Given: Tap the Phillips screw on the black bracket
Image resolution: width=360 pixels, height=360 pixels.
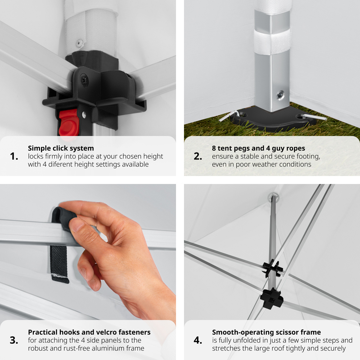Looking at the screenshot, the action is [x=84, y=80].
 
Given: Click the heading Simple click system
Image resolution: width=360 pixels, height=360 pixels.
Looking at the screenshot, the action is [x=61, y=148].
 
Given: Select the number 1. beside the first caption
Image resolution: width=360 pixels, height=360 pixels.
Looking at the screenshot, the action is [x=14, y=156].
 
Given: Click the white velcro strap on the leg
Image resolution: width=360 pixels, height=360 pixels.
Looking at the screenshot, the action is [x=273, y=43].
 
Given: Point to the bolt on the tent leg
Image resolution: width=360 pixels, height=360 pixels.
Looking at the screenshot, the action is [x=280, y=95].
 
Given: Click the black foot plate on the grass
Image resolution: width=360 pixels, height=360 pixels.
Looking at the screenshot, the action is [x=273, y=120].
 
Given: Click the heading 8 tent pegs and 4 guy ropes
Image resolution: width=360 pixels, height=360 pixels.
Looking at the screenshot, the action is [x=258, y=148].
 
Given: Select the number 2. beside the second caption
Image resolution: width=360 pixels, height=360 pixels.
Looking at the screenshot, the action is [x=198, y=156].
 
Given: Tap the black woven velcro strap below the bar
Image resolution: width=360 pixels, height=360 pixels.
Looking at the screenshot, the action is [x=59, y=264].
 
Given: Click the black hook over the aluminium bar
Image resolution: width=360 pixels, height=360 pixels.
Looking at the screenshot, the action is [x=63, y=217].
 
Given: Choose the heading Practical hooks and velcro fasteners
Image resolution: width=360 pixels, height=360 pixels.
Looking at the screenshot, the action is [x=89, y=332].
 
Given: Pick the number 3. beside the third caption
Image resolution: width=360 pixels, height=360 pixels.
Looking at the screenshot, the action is [x=14, y=340].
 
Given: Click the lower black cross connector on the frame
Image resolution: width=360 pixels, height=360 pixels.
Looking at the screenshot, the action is [x=272, y=298].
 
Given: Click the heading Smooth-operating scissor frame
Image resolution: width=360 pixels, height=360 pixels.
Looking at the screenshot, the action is [x=266, y=332].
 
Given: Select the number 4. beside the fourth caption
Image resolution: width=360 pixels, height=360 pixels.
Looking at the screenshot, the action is [x=198, y=340].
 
